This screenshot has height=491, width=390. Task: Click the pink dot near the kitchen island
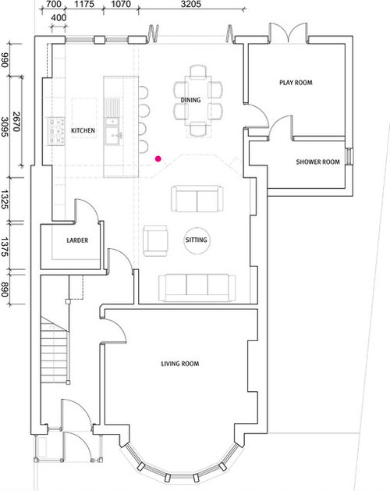tap(158, 158)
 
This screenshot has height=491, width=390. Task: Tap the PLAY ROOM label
tap(296, 83)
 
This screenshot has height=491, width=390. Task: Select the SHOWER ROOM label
tap(317, 162)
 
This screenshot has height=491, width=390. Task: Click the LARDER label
tap(77, 240)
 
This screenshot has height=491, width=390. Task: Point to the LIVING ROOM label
tap(180, 364)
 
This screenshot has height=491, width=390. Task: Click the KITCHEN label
tap(83, 130)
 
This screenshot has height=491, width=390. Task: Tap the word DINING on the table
tap(190, 100)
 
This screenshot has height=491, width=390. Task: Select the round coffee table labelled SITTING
tap(197, 240)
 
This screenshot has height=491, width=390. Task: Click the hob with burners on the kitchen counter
tap(56, 131)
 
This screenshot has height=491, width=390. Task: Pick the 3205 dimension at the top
tap(191, 4)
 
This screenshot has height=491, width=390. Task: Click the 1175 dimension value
tap(84, 4)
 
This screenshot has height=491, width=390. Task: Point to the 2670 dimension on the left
tap(16, 122)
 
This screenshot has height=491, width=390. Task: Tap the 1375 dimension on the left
tap(5, 247)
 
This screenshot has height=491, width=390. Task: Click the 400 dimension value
tap(58, 17)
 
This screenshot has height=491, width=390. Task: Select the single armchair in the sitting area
tap(155, 240)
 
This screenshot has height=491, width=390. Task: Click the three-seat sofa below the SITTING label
tap(197, 288)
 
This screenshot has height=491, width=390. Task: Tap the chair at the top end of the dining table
tap(198, 71)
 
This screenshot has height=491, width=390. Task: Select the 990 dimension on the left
tap(5, 60)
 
